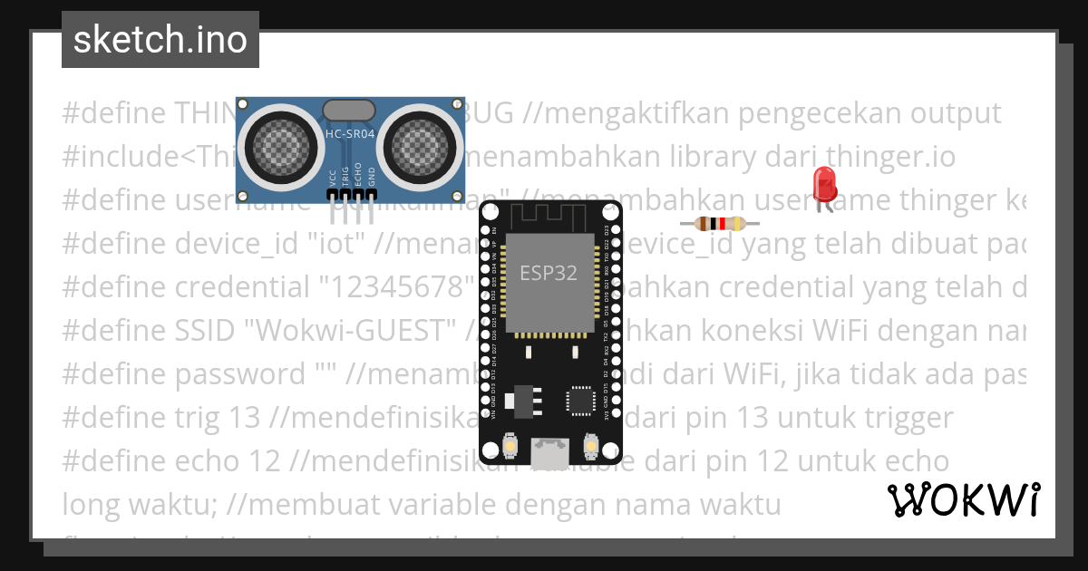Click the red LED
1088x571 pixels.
pyautogui.click(x=825, y=184)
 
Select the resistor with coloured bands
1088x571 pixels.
pyautogui.click(x=719, y=224)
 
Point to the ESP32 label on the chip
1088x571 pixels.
pyautogui.click(x=548, y=272)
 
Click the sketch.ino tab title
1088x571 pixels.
pyautogui.click(x=160, y=40)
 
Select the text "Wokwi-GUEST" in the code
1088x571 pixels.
pyautogui.click(x=358, y=331)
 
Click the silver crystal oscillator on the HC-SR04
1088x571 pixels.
pyautogui.click(x=347, y=111)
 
